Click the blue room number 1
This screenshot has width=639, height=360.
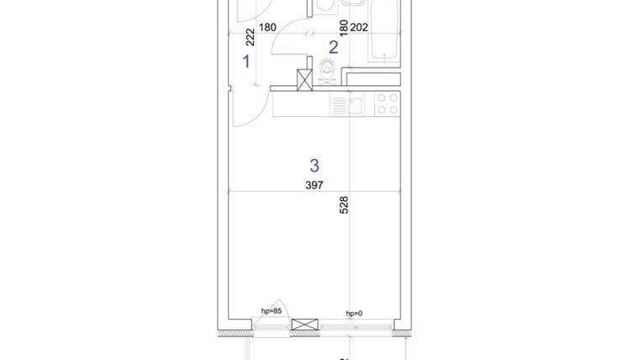[x=246, y=61]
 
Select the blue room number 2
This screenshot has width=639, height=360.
[x=333, y=48]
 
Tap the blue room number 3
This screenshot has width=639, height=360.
[x=314, y=166]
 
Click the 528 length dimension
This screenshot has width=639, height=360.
[x=344, y=206]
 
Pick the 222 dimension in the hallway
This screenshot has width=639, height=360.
[x=251, y=37]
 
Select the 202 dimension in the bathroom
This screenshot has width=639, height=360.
[x=359, y=27]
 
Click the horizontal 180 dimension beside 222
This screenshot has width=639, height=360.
[x=267, y=27]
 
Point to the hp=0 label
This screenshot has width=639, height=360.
[x=354, y=313]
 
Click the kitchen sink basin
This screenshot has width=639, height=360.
[x=356, y=105]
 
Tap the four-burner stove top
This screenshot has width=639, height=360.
[x=387, y=103]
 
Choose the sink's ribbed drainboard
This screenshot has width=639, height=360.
[x=339, y=105]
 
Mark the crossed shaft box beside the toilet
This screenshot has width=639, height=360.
[x=304, y=79]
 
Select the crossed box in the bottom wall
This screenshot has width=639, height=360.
[x=304, y=326]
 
